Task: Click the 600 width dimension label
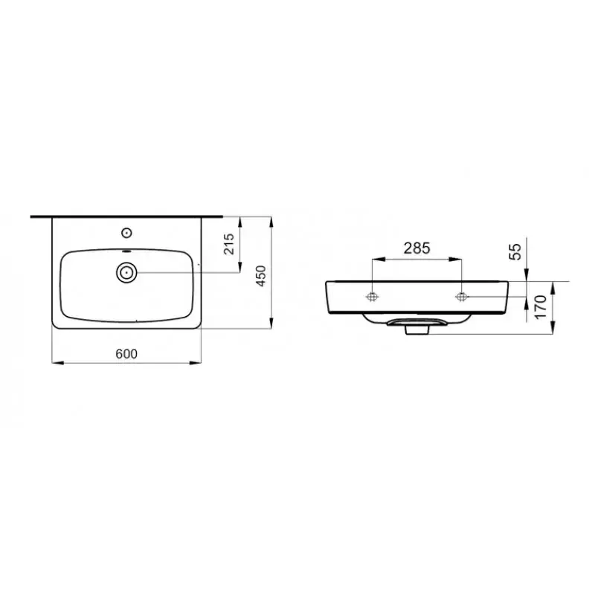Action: pos(126,354)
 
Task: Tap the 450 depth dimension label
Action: pos(261,276)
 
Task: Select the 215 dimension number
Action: pos(229,244)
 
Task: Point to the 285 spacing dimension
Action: pos(416,248)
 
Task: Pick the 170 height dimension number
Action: pos(541,306)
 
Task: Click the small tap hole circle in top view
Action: pos(126,233)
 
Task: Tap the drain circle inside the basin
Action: pos(126,272)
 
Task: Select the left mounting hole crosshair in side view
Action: pos(373,297)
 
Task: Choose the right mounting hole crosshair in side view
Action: pos(461,297)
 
